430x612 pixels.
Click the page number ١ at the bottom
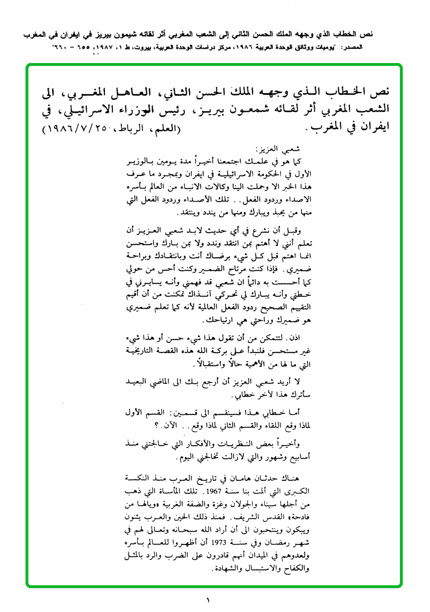click(x=208, y=599)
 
